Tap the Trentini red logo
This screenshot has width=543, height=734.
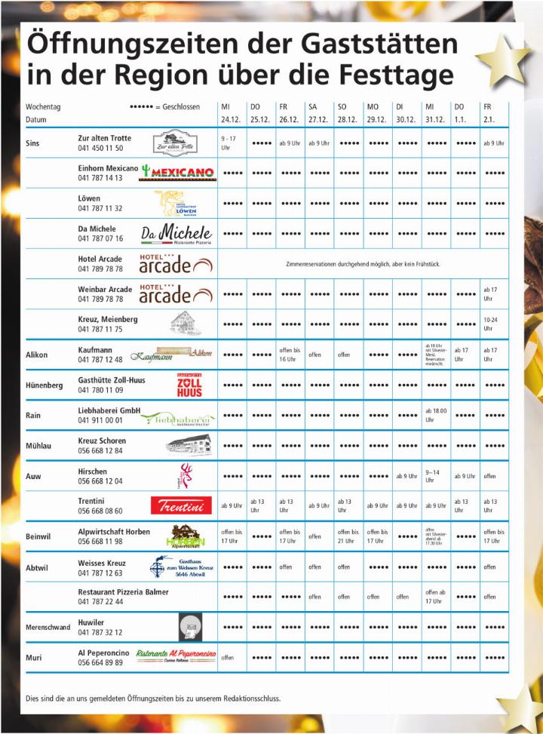point(181,505)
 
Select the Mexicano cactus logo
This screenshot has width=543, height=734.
point(178,173)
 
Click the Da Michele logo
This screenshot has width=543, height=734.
point(176,234)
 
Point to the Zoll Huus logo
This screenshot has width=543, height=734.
point(189,385)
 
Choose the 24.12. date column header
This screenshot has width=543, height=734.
point(230,120)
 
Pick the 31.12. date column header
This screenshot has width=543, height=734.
point(435,120)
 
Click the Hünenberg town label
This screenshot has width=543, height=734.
point(44,385)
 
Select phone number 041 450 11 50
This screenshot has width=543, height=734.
point(100,149)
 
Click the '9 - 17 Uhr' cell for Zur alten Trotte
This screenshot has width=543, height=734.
point(229,143)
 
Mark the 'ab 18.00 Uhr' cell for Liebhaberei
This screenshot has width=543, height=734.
point(436,415)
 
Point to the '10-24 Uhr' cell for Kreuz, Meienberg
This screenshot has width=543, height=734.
point(490,324)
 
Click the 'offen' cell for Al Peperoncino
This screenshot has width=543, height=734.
point(228,658)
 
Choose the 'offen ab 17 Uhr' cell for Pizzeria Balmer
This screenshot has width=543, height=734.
point(435,597)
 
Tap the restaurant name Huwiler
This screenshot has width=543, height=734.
point(91,622)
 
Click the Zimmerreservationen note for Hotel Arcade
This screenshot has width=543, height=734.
point(363,264)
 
